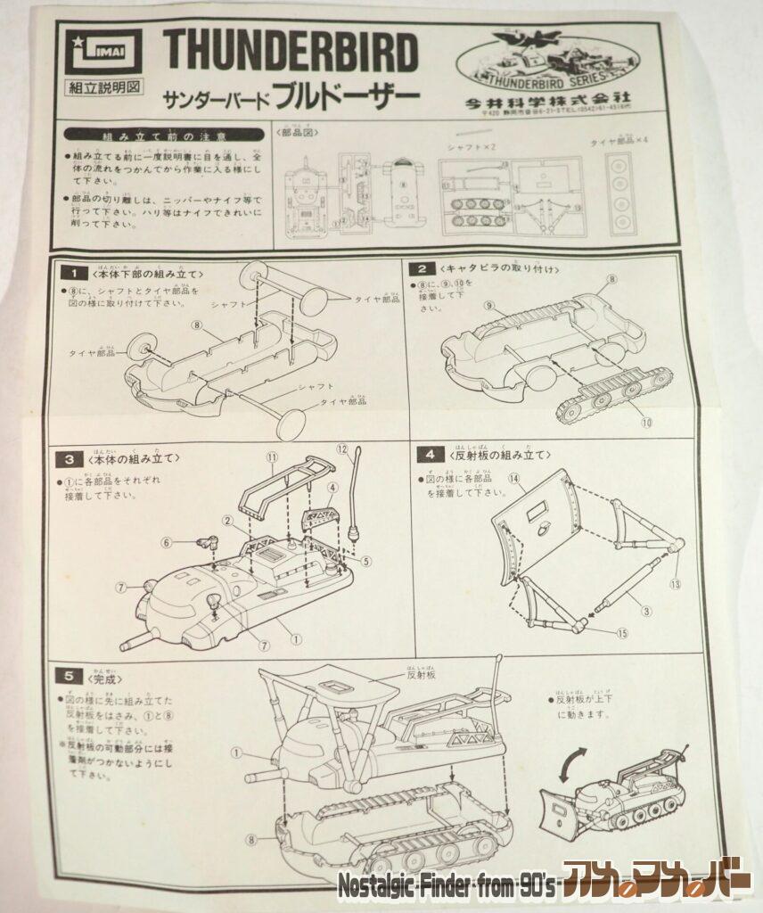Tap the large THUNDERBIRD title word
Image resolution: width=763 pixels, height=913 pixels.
click(x=290, y=53)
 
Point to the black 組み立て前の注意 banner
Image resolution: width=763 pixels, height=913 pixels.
click(x=165, y=135)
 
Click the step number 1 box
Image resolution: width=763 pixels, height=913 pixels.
click(x=78, y=272)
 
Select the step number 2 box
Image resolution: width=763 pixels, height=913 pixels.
click(x=420, y=268)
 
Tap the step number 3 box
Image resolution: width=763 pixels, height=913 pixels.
click(x=69, y=459)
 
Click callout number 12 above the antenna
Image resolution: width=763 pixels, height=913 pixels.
click(x=342, y=448)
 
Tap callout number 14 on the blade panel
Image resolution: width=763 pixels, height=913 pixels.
click(x=513, y=478)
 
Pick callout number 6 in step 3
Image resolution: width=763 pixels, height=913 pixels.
click(x=165, y=541)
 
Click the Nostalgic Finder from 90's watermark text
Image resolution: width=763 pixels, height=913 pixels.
click(x=447, y=886)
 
